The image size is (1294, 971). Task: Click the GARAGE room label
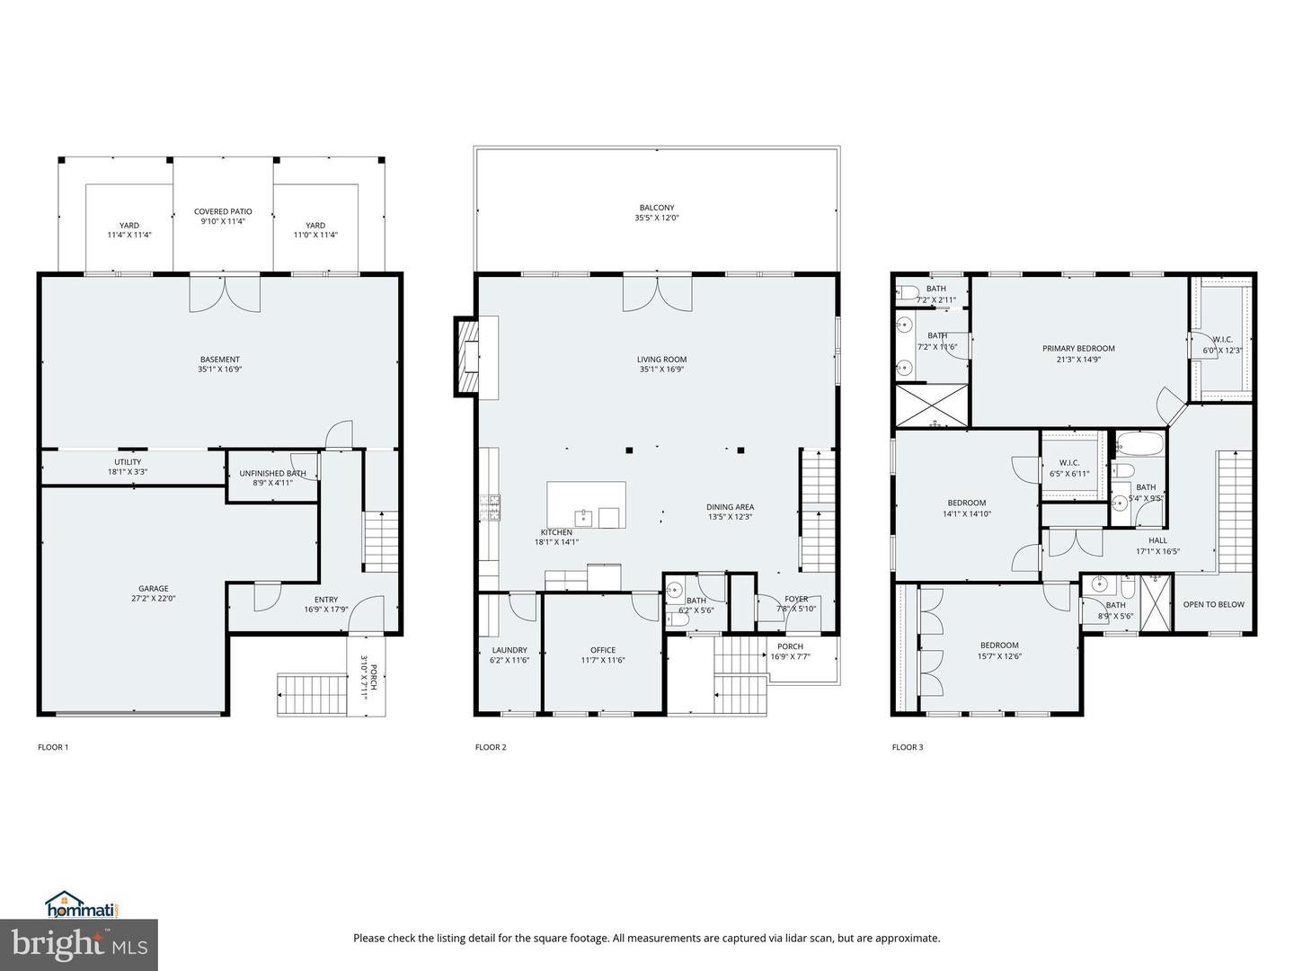coord(153,589)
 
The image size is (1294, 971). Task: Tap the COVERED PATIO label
coord(223,212)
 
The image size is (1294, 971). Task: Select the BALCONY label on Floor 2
coord(657,208)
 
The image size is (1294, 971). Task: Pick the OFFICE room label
coord(603,650)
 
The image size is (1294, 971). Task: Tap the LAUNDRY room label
coord(510,650)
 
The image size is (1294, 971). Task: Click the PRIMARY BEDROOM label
coord(1078,349)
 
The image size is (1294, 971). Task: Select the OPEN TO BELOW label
coord(1213,604)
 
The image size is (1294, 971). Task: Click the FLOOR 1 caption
coord(53,747)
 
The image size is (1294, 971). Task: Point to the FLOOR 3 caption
coord(908,747)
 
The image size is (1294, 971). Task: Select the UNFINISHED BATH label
coord(272,473)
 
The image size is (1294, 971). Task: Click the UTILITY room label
coord(128,462)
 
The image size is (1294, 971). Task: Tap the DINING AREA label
coord(730,507)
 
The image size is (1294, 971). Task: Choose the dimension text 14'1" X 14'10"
coord(966,514)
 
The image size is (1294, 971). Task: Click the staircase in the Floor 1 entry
coord(381,540)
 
